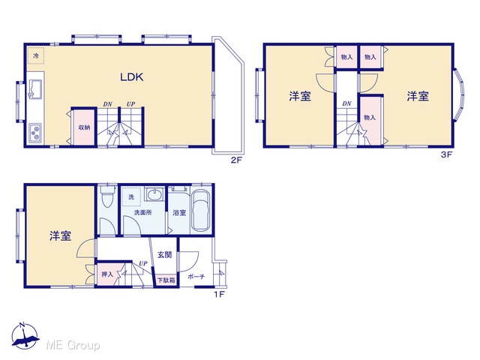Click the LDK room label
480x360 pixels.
pos(132,76)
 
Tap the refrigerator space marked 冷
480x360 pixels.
pos(36,55)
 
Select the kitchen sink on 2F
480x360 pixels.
pos(35,88)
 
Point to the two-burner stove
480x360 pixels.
pos(36,133)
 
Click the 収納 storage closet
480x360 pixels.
pos(84,127)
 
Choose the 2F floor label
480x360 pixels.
pos(236,160)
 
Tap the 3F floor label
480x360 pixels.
pos(446,154)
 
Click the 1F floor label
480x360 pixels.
pos(219,295)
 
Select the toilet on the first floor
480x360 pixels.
pos(107,196)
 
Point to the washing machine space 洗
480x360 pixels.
pos(131,196)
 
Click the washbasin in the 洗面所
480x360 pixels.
pos(154,194)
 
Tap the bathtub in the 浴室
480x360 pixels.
pos(201,211)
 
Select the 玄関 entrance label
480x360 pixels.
pos(164,255)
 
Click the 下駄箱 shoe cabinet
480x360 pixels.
pos(166,280)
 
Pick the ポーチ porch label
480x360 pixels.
pos(196,277)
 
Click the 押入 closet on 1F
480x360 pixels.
pos(107,274)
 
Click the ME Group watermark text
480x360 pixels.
pos(73,346)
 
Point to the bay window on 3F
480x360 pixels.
pos(459,95)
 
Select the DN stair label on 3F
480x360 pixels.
pos(346,103)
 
